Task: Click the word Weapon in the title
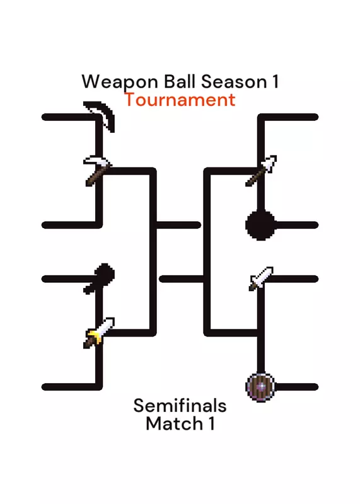pyautogui.click(x=120, y=82)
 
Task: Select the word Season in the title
pyautogui.click(x=234, y=81)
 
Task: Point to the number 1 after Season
pyautogui.click(x=276, y=81)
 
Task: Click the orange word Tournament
pyautogui.click(x=180, y=100)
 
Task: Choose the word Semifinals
pyautogui.click(x=180, y=405)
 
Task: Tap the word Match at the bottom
pyautogui.click(x=174, y=423)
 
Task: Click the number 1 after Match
pyautogui.click(x=211, y=423)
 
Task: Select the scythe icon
pyautogui.click(x=99, y=117)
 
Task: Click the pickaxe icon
pyautogui.click(x=98, y=171)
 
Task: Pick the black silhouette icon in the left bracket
pyautogui.click(x=99, y=278)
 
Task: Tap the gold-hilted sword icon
pyautogui.click(x=99, y=333)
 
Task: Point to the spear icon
pyautogui.click(x=261, y=171)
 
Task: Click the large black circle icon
pyautogui.click(x=260, y=225)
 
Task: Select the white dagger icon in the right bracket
pyautogui.click(x=261, y=278)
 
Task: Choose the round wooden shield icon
pyautogui.click(x=260, y=387)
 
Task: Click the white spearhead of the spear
pyautogui.click(x=270, y=163)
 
